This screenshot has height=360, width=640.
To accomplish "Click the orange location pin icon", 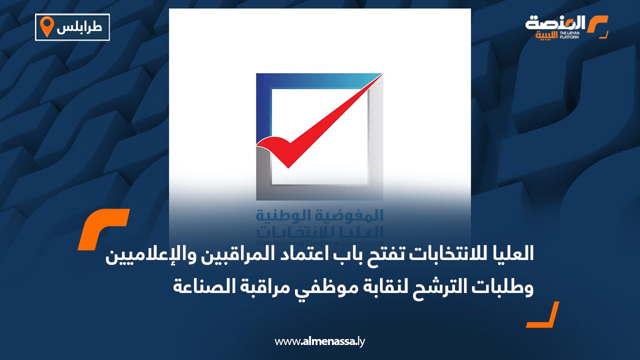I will [46, 26].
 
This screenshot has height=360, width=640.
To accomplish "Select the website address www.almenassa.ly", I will [320, 341].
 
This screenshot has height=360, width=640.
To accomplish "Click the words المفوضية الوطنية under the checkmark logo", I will [319, 215].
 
